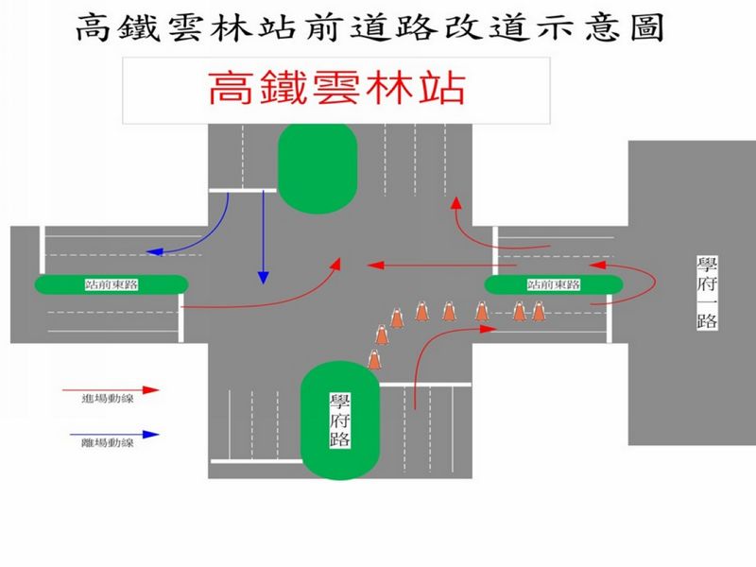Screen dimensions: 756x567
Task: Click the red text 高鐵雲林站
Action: click(337, 88)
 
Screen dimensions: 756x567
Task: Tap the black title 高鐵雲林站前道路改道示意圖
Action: click(370, 27)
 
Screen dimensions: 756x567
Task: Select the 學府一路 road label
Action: click(707, 293)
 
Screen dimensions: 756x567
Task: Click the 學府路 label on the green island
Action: click(340, 420)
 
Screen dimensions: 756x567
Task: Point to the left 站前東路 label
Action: click(112, 284)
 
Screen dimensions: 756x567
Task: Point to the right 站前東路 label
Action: click(554, 284)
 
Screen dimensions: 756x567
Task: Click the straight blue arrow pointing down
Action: click(264, 237)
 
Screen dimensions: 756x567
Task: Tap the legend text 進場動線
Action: click(107, 399)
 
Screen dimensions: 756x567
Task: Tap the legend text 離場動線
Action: click(107, 442)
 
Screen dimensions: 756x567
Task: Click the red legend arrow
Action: click(111, 389)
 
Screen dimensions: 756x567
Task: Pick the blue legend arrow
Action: click(114, 435)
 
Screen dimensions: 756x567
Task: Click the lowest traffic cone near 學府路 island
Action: click(374, 360)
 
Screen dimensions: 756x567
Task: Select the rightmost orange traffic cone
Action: click(539, 311)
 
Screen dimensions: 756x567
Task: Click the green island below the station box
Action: click(318, 168)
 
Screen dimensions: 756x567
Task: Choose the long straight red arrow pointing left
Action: click(441, 266)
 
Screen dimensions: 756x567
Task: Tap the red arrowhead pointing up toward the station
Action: click(455, 202)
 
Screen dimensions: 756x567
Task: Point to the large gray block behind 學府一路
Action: click(692, 293)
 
